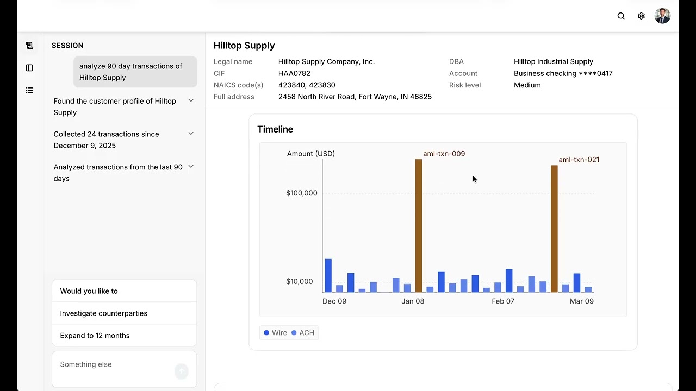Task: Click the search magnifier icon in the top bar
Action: pyautogui.click(x=621, y=16)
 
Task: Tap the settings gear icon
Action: pyautogui.click(x=641, y=16)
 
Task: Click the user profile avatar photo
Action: pyautogui.click(x=662, y=16)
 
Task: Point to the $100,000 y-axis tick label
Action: pyautogui.click(x=302, y=193)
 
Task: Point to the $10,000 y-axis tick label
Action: pyautogui.click(x=300, y=281)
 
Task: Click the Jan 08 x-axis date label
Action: pyautogui.click(x=413, y=301)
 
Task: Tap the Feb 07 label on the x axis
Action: pyautogui.click(x=503, y=301)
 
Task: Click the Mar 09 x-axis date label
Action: pyautogui.click(x=581, y=301)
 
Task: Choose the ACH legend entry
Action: pyautogui.click(x=303, y=333)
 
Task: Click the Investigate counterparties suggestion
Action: pyautogui.click(x=103, y=313)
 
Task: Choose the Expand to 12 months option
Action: pyautogui.click(x=95, y=336)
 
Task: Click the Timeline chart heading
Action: pyautogui.click(x=275, y=129)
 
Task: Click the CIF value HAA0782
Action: pyautogui.click(x=294, y=73)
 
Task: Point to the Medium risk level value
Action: pyautogui.click(x=527, y=85)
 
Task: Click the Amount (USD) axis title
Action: pyautogui.click(x=311, y=154)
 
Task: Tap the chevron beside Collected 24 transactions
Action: pyautogui.click(x=191, y=134)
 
